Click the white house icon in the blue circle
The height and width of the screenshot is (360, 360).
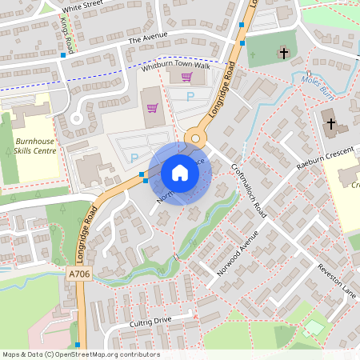tap(180, 172)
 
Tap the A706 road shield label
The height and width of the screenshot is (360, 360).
tap(78, 274)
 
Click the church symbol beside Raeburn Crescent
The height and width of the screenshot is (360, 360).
tap(330, 124)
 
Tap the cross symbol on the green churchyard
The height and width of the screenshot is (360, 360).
tap(283, 54)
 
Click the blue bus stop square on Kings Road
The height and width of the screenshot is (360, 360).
tap(63, 55)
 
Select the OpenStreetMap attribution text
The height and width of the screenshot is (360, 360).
tap(81, 354)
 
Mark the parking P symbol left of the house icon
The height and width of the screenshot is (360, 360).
tap(134, 158)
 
